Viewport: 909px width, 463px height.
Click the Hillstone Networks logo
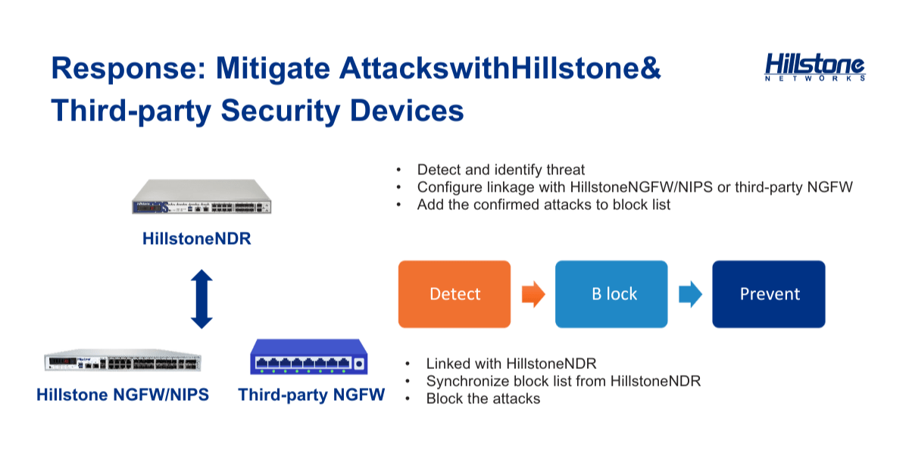pyautogui.click(x=815, y=67)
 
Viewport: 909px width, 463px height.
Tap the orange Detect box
pyautogui.click(x=454, y=294)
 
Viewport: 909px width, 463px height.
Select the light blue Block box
pyautogui.click(x=611, y=294)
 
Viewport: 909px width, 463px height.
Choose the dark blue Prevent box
pyautogui.click(x=769, y=294)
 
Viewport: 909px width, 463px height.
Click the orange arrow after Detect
pyautogui.click(x=533, y=294)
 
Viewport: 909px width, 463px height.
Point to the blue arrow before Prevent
pyautogui.click(x=690, y=294)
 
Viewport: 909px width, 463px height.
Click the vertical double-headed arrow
pyautogui.click(x=201, y=299)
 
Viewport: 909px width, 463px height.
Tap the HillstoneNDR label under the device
pyautogui.click(x=197, y=239)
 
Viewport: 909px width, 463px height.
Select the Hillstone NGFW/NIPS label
pyautogui.click(x=123, y=395)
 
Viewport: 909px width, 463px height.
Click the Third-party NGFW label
pyautogui.click(x=311, y=395)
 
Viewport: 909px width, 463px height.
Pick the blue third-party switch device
pyautogui.click(x=309, y=357)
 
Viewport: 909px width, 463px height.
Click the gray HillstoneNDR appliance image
pyautogui.click(x=201, y=196)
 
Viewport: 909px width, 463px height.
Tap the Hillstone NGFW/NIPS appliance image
pyautogui.click(x=123, y=360)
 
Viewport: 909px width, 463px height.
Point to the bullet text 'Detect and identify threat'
pyautogui.click(x=501, y=170)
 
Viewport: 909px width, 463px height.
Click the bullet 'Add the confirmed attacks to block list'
pyautogui.click(x=544, y=205)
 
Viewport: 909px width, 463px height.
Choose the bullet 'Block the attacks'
pyautogui.click(x=483, y=399)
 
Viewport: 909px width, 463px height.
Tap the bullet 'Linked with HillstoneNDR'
pyautogui.click(x=511, y=364)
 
